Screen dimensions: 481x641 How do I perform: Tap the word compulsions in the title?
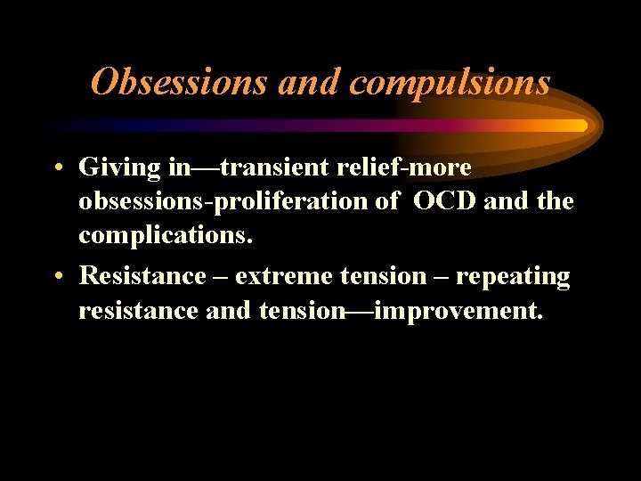point(450,83)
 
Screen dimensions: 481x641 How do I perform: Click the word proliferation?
point(293,202)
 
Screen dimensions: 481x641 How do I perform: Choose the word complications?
point(166,236)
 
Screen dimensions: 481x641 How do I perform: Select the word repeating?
point(514,276)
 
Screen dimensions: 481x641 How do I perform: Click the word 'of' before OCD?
point(387,202)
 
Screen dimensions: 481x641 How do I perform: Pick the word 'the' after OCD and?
point(556,202)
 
